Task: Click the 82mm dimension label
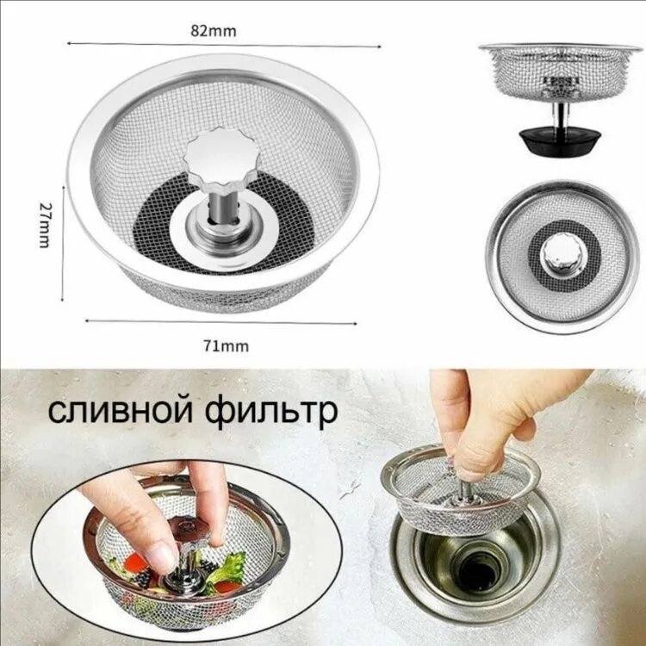tap(214, 31)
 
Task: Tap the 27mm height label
tap(45, 225)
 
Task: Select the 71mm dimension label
tap(227, 346)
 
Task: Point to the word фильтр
tap(271, 412)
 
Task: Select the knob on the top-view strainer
tap(563, 255)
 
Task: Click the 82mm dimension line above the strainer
tap(224, 45)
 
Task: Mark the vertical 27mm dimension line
tap(63, 243)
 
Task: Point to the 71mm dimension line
tap(221, 322)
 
